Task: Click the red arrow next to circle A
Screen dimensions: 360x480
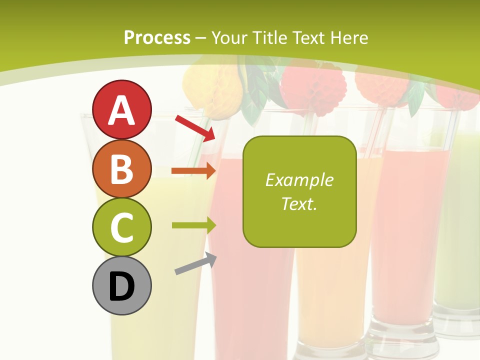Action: coord(195,128)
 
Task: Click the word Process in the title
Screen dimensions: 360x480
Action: coord(157,38)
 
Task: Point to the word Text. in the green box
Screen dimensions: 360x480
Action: coord(299,203)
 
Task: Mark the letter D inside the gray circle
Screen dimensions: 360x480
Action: coord(121,286)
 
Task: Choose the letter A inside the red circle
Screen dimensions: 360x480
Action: coord(121,110)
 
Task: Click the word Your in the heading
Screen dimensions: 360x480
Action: coord(230,38)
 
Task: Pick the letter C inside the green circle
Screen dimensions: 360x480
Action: coord(121,228)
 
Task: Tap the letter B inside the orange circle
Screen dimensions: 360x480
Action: coord(121,169)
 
